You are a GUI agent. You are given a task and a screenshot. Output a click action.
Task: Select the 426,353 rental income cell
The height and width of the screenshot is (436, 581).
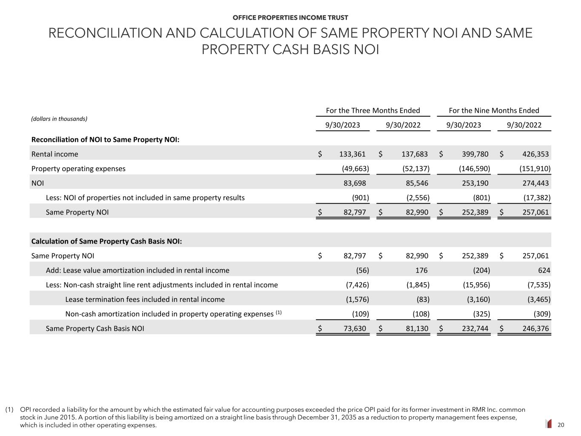535,154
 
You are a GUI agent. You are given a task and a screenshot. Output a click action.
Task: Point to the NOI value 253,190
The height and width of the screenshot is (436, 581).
475,184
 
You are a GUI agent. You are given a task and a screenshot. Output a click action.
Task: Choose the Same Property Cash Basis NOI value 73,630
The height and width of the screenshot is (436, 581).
355,329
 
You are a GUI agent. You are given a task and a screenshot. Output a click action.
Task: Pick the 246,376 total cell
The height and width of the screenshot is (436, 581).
535,329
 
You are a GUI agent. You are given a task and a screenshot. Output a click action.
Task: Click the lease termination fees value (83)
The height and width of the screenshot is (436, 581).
422,299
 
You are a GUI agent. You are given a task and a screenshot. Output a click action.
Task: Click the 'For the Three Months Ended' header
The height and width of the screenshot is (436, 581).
373,111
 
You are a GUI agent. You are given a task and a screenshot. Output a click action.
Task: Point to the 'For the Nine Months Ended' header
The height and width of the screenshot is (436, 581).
494,111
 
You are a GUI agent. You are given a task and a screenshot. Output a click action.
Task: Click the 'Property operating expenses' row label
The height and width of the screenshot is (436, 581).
78,169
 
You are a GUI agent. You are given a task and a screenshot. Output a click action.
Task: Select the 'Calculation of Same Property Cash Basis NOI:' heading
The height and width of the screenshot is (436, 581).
106,241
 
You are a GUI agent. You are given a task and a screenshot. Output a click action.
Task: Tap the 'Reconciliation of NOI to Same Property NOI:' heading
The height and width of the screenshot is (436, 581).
105,140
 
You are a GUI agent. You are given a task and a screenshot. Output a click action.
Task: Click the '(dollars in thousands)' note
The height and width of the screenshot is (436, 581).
59,119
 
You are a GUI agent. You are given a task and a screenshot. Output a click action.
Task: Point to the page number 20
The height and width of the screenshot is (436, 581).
561,425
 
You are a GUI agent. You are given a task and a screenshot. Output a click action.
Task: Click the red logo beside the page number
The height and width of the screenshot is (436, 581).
549,424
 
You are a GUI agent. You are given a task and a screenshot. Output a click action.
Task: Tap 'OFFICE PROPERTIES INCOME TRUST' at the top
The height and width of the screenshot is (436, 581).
290,17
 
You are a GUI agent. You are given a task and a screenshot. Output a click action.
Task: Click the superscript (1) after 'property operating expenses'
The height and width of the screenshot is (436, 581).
278,313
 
